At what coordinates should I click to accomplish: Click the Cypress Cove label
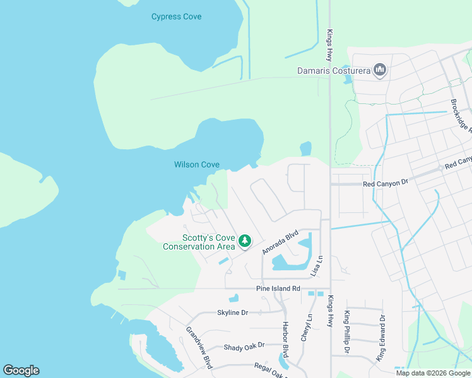(x=176, y=16)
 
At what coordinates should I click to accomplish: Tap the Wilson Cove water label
(x=197, y=165)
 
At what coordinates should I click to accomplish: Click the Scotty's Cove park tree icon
(x=244, y=241)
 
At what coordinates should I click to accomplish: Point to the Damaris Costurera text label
(x=333, y=71)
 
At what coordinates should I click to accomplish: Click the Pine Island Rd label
(x=278, y=289)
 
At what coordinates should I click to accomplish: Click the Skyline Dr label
(x=233, y=312)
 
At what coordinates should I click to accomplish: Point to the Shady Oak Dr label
(x=244, y=345)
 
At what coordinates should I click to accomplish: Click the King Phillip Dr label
(x=346, y=331)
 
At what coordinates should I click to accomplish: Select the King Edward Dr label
(x=381, y=339)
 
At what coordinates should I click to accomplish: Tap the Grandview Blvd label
(x=198, y=346)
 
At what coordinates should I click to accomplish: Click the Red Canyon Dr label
(x=387, y=183)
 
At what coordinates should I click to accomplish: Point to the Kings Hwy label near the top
(x=329, y=43)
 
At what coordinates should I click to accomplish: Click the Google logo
(x=21, y=370)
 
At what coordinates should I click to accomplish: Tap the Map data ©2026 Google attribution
(x=433, y=373)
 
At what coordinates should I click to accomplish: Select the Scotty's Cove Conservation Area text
(x=199, y=242)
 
